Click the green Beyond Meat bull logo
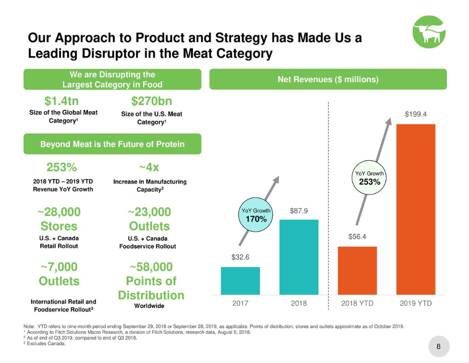tap(429, 32)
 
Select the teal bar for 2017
tap(240, 281)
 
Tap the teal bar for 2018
tap(299, 257)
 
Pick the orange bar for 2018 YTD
tap(357, 270)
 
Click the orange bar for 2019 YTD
tap(416, 210)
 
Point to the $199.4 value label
tap(416, 114)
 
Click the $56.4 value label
tap(357, 236)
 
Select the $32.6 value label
tap(240, 257)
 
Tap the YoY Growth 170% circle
tap(256, 214)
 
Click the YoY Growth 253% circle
tap(369, 178)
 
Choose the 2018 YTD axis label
tap(357, 303)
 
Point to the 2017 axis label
tap(240, 303)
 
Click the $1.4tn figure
tap(61, 101)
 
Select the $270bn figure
tap(152, 101)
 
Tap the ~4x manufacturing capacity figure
tap(149, 167)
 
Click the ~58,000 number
tap(151, 267)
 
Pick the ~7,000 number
tap(59, 267)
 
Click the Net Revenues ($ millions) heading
tap(328, 79)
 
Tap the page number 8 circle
tap(438, 346)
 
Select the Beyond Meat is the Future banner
tap(112, 144)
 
